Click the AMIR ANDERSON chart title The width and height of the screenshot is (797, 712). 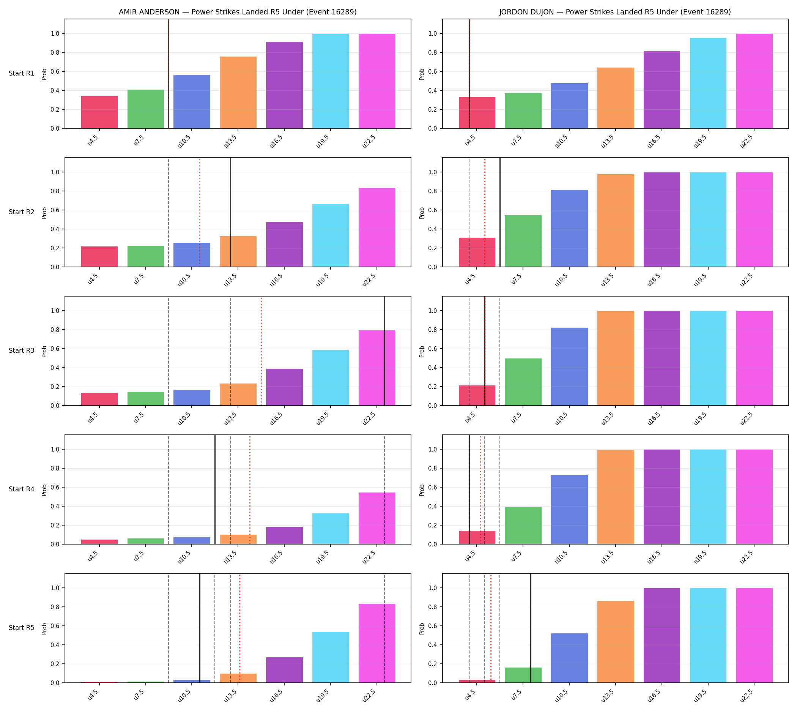coord(238,12)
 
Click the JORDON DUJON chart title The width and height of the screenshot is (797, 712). coord(615,12)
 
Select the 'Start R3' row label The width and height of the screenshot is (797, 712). coord(22,350)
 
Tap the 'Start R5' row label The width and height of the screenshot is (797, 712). coord(22,627)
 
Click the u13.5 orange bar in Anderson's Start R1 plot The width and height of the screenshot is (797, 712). coord(238,92)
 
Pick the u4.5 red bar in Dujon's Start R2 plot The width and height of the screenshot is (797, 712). coord(477,252)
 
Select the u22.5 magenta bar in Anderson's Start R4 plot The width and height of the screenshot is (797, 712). coord(376,518)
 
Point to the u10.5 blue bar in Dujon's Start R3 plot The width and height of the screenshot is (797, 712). coord(569,366)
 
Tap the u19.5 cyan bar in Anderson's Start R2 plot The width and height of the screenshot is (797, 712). coord(331,235)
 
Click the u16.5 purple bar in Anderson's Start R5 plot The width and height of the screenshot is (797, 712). coord(284,670)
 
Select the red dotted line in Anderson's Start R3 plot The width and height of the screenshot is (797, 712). coord(261,351)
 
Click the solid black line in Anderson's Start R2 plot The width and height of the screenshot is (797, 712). coord(230,212)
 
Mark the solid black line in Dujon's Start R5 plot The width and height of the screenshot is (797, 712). coord(531,628)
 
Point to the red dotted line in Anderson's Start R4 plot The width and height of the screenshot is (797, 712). coord(250,489)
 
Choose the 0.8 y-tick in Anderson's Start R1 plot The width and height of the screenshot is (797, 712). coord(55,52)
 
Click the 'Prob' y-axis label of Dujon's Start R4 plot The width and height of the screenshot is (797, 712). coord(422,490)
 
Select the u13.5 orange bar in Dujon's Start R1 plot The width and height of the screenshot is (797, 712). coord(616,98)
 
